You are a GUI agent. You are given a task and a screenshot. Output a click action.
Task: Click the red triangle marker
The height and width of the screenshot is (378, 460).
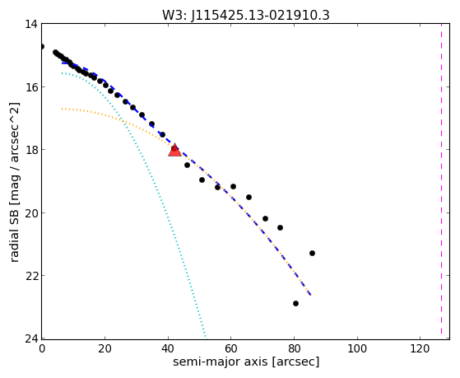174,150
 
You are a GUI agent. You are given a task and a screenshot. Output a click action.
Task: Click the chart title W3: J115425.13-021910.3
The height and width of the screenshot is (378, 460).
246,16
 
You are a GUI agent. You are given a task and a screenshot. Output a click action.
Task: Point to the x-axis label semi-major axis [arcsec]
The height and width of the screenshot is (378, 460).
246,362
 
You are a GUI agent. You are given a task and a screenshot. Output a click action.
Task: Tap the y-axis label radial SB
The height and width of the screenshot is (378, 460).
14,233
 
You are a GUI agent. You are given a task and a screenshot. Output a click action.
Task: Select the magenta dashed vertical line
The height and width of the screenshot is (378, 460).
441,181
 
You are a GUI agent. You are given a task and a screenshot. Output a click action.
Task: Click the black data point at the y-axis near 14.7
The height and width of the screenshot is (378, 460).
42,46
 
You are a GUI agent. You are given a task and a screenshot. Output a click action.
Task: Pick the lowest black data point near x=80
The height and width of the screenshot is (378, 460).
295,303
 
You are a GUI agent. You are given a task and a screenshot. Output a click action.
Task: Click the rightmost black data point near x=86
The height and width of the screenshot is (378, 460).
312,253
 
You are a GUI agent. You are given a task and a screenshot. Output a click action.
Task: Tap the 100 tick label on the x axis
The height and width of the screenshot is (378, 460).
357,348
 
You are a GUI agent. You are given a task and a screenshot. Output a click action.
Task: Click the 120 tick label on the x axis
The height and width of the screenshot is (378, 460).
421,348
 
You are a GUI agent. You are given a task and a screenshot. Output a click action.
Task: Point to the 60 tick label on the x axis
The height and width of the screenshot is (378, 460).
231,348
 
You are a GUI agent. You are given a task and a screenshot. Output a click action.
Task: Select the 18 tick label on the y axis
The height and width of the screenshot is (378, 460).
31,150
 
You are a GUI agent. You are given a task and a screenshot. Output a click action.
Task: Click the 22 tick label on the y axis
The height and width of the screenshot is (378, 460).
31,276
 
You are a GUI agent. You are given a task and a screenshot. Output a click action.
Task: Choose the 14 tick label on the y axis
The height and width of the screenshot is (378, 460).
31,24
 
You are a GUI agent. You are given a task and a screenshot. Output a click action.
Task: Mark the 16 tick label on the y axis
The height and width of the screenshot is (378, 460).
31,86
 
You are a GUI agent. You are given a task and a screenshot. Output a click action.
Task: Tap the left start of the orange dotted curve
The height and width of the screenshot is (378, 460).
63,109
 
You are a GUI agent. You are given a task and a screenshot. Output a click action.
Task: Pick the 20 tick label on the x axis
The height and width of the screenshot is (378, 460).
105,348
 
